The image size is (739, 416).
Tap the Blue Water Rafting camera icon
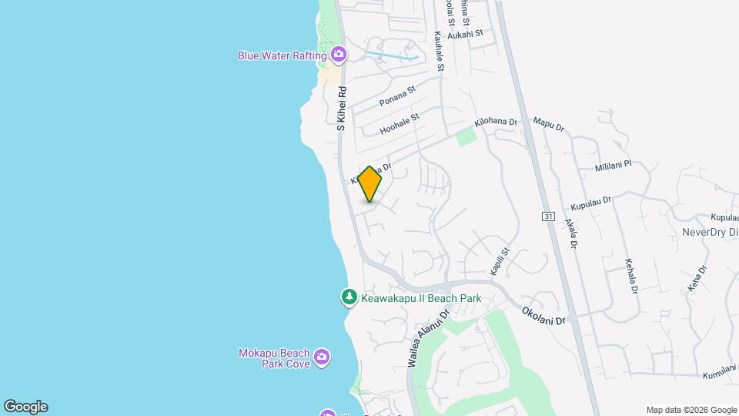click(338, 55)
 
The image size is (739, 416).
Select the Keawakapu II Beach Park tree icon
click(349, 297)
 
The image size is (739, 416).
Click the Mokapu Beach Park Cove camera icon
click(322, 357)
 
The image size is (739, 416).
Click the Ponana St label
click(397, 96)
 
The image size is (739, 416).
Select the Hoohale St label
click(400, 125)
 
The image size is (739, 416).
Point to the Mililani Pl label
click(613, 165)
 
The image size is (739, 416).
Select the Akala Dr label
click(571, 233)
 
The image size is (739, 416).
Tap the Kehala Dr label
click(631, 276)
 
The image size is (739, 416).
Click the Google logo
click(25, 407)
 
